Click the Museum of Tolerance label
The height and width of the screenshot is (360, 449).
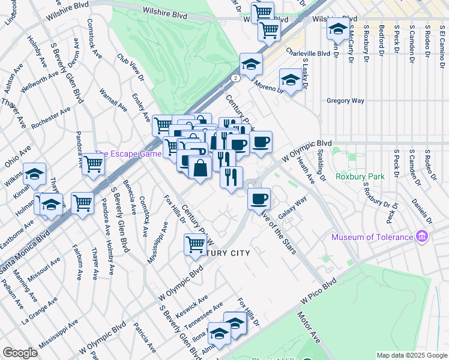click(x=372, y=237)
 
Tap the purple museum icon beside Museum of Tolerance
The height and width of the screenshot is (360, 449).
click(x=422, y=237)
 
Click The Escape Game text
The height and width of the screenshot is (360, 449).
click(x=128, y=154)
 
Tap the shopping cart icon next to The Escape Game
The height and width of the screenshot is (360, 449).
click(x=93, y=164)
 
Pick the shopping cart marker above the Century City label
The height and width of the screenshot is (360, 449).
click(x=195, y=244)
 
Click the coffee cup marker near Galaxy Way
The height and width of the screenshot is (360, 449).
click(x=259, y=199)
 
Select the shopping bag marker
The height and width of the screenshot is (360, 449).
click(x=200, y=167)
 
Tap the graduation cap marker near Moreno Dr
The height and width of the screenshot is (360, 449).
click(x=291, y=80)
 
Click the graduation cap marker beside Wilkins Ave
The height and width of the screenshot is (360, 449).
click(x=35, y=174)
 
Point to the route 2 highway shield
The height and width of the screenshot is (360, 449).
click(x=237, y=78)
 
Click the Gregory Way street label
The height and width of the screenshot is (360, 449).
click(x=345, y=101)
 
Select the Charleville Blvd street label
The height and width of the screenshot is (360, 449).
click(x=308, y=53)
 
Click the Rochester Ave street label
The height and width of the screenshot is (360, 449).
click(x=51, y=118)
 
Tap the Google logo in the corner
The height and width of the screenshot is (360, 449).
click(x=20, y=353)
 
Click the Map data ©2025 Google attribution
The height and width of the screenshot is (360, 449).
click(x=411, y=355)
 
